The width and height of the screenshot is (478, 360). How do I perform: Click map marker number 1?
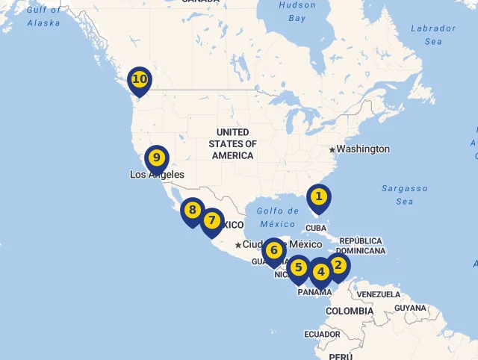(x=319, y=197)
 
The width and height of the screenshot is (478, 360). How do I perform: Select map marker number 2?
(x=338, y=265)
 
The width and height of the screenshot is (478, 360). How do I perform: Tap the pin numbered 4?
(x=321, y=272)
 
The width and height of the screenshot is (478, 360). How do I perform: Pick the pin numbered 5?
(x=299, y=267)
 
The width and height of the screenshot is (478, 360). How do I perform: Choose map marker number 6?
(x=274, y=250)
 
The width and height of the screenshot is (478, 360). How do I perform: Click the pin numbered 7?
(x=212, y=220)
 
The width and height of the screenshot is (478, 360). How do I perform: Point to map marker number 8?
(x=193, y=211)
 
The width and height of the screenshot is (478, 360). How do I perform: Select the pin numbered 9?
(x=157, y=158)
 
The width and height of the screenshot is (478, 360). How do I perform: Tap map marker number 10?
(x=140, y=78)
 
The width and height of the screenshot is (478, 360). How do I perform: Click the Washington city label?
(x=362, y=149)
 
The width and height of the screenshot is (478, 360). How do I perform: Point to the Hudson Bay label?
(x=297, y=11)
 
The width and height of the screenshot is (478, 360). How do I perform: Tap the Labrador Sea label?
(x=433, y=35)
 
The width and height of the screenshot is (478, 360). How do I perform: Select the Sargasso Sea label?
(x=405, y=195)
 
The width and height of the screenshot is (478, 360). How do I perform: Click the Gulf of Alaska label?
(x=43, y=16)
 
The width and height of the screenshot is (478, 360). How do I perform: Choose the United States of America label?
(x=232, y=143)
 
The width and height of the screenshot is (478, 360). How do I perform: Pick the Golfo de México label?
(x=278, y=217)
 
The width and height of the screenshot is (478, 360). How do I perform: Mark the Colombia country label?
(x=349, y=311)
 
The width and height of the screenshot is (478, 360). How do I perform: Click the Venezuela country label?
(x=378, y=295)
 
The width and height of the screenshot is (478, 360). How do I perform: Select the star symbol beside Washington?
(x=332, y=149)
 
